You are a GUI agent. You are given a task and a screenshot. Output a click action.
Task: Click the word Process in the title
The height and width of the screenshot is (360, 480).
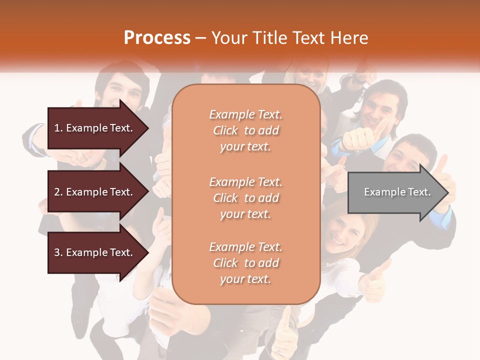(x=157, y=38)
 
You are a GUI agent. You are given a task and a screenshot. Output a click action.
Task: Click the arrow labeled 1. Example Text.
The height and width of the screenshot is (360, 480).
(x=95, y=128)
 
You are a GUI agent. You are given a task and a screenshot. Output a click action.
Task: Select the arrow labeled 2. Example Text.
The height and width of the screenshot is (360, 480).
(x=95, y=192)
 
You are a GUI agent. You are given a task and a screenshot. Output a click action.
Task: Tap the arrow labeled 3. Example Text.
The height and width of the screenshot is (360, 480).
(x=95, y=252)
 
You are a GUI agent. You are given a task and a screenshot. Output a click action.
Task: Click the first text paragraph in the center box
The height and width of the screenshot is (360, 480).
(x=245, y=130)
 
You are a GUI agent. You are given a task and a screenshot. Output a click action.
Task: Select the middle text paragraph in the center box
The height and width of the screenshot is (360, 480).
(x=245, y=198)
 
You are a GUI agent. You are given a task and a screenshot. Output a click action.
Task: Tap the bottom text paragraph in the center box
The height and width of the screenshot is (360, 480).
(x=245, y=263)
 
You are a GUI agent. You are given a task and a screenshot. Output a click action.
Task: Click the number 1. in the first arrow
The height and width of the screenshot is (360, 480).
(x=58, y=128)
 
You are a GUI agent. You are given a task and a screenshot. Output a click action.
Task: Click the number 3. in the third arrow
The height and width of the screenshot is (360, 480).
(x=58, y=252)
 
